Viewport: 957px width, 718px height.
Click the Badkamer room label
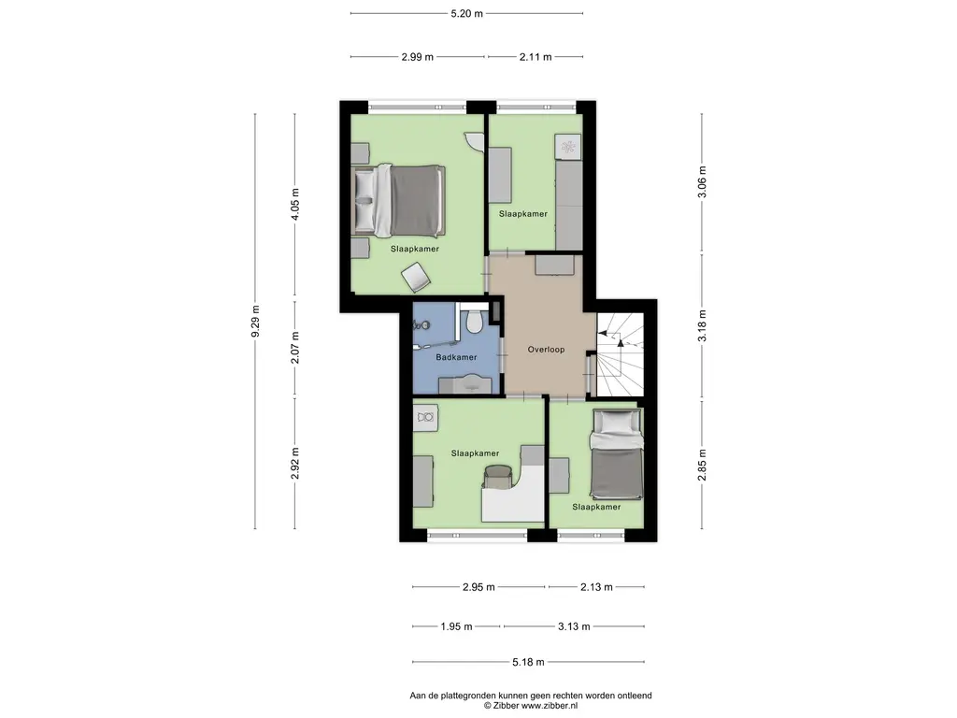(456, 357)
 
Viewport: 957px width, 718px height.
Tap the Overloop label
(546, 350)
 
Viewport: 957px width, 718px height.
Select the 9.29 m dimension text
(256, 321)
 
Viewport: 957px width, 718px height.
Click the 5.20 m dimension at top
(467, 13)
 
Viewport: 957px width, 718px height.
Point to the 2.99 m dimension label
(418, 57)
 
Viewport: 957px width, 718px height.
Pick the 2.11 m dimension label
(536, 57)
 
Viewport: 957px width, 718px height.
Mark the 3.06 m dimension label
(702, 182)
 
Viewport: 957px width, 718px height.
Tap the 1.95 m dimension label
(456, 626)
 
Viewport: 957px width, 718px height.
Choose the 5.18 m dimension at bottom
(528, 662)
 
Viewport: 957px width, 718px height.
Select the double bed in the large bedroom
(398, 200)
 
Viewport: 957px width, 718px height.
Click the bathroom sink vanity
(465, 384)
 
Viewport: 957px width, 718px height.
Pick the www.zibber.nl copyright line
(531, 706)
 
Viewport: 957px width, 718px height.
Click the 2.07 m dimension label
(295, 348)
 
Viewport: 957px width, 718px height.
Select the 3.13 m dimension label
(574, 626)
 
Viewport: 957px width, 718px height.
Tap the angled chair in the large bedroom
(416, 277)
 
